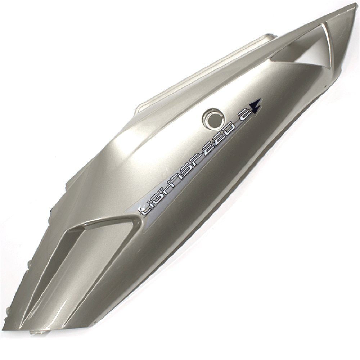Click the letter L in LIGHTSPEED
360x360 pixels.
coord(145,210)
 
